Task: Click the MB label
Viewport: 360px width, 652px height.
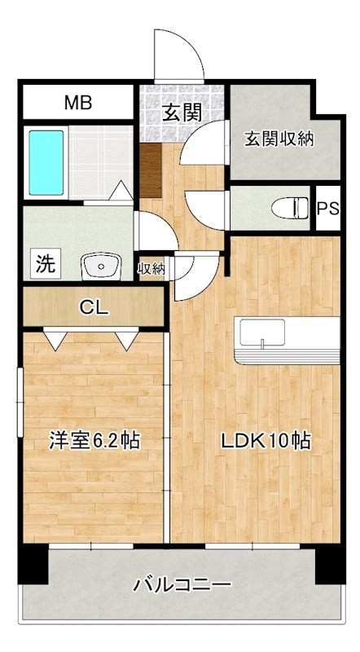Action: [78, 104]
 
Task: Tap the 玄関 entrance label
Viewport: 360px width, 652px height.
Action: [181, 112]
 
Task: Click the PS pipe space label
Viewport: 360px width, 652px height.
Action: [327, 208]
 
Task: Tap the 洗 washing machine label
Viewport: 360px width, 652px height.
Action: [46, 263]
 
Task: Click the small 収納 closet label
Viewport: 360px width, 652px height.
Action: [153, 267]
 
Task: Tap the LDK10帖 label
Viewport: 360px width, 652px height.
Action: [266, 441]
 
